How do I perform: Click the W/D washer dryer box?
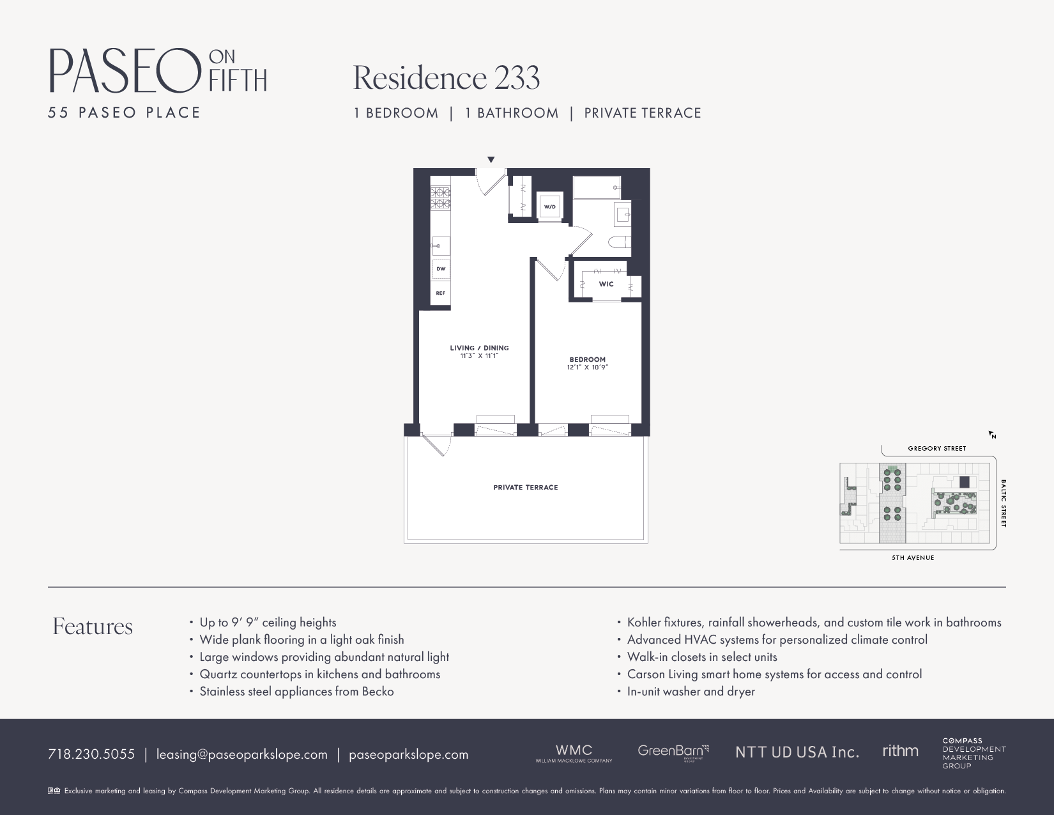[x=549, y=206]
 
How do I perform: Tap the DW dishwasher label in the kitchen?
[x=441, y=269]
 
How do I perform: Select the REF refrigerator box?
[x=441, y=293]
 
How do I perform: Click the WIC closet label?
[x=606, y=284]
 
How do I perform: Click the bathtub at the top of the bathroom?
[x=597, y=188]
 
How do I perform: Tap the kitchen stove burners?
[x=440, y=198]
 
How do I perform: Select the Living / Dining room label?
[x=479, y=348]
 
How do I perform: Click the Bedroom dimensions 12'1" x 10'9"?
[x=587, y=368]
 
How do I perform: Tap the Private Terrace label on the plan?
[x=526, y=488]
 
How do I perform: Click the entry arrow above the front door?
[x=491, y=160]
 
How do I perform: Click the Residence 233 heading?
[x=447, y=78]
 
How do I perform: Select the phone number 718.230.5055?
[x=91, y=754]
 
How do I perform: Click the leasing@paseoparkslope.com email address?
[x=242, y=754]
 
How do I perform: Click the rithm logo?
[x=900, y=751]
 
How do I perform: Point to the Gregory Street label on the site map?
[x=936, y=449]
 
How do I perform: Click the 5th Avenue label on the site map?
[x=913, y=558]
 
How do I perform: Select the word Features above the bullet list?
[x=93, y=626]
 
